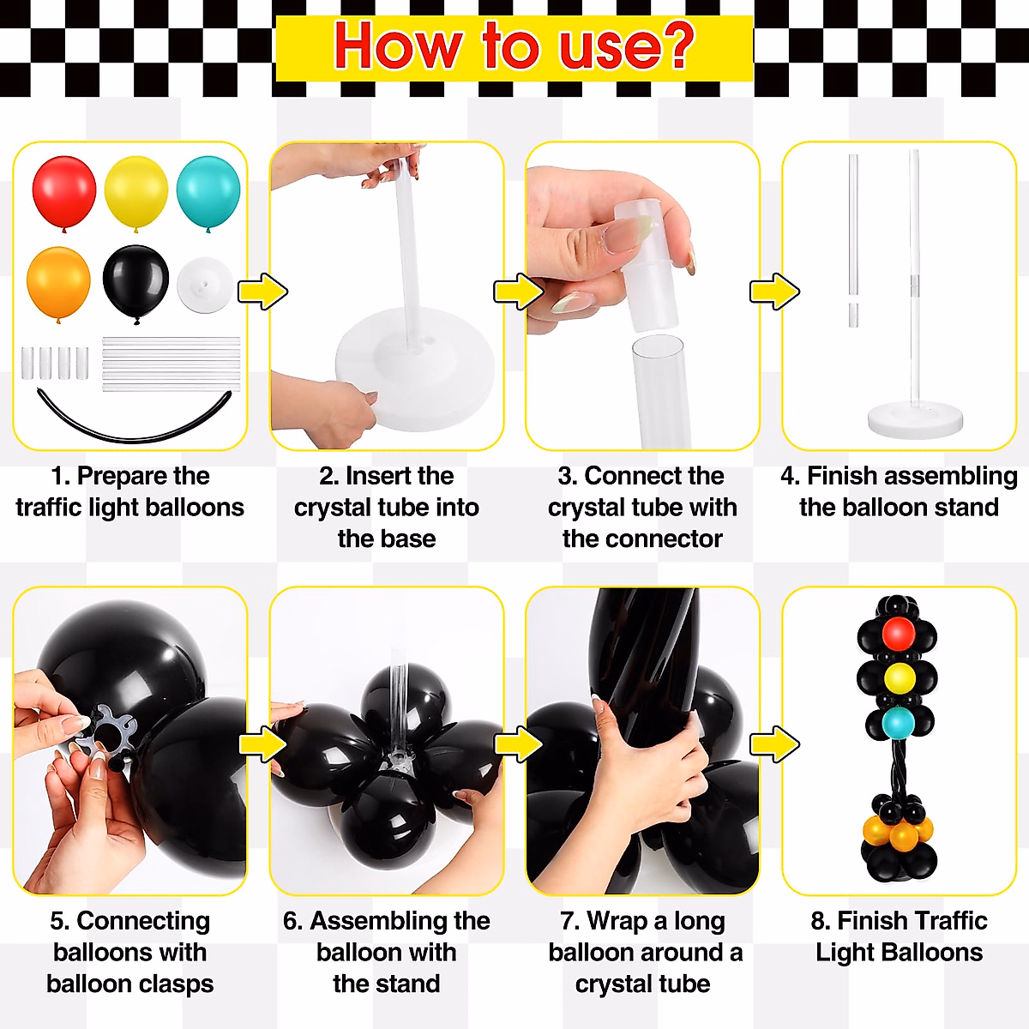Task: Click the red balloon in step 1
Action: (x=64, y=190)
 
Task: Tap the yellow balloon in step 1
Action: (x=135, y=190)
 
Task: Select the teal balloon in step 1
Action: (x=208, y=190)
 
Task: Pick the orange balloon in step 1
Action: (x=58, y=281)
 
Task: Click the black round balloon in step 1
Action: (x=135, y=280)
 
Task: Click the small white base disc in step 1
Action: (x=205, y=284)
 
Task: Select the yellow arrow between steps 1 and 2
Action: (x=262, y=292)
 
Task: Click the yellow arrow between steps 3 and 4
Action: (x=774, y=292)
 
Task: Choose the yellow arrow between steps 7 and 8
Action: (x=774, y=744)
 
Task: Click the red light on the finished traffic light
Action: (x=898, y=634)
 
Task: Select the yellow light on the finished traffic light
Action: (x=899, y=678)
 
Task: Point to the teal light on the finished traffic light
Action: (x=898, y=723)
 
